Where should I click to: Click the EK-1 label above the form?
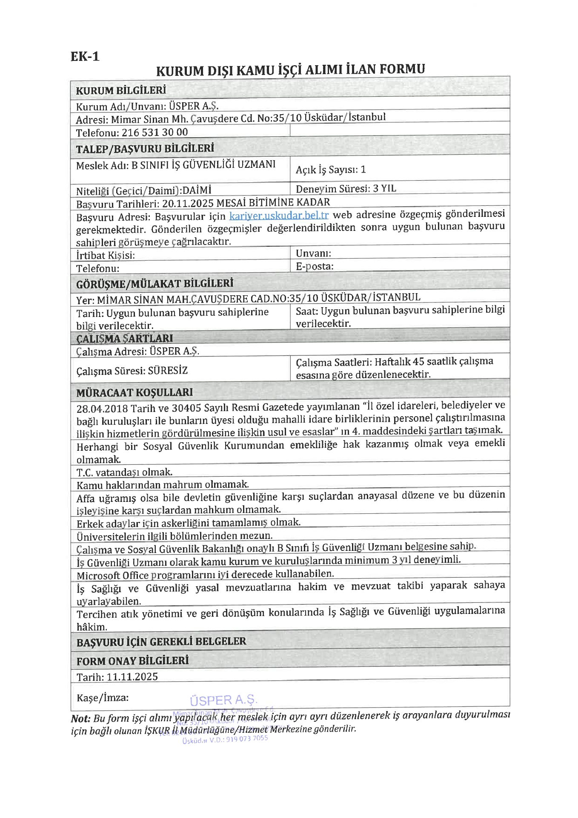pyautogui.click(x=85, y=56)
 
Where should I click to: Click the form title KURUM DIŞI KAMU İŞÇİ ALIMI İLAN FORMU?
pyautogui.click(x=290, y=69)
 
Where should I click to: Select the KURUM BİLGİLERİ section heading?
pyautogui.click(x=121, y=90)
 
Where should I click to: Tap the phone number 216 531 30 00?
pyautogui.click(x=155, y=132)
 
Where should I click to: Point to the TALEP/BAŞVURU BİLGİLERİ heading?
pyautogui.click(x=145, y=149)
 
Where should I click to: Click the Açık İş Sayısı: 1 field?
pyautogui.click(x=331, y=170)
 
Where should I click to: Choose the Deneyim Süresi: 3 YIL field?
pyautogui.click(x=346, y=188)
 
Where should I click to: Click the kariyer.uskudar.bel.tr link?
pyautogui.click(x=279, y=216)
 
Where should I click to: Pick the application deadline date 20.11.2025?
pyautogui.click(x=188, y=203)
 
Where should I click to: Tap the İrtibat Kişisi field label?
pyautogui.click(x=106, y=255)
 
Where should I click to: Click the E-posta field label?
pyautogui.click(x=315, y=266)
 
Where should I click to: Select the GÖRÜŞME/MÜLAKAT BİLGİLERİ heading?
pyautogui.click(x=155, y=284)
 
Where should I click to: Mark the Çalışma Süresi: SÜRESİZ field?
pyautogui.click(x=132, y=370)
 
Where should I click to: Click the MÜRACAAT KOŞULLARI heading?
pyautogui.click(x=134, y=392)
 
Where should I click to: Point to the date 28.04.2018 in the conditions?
pyautogui.click(x=102, y=409)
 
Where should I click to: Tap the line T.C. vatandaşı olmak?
pyautogui.click(x=124, y=472)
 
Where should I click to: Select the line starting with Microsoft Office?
pyautogui.click(x=205, y=575)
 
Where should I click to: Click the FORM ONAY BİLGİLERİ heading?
pyautogui.click(x=132, y=661)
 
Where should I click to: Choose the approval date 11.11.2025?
pyautogui.click(x=132, y=677)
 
